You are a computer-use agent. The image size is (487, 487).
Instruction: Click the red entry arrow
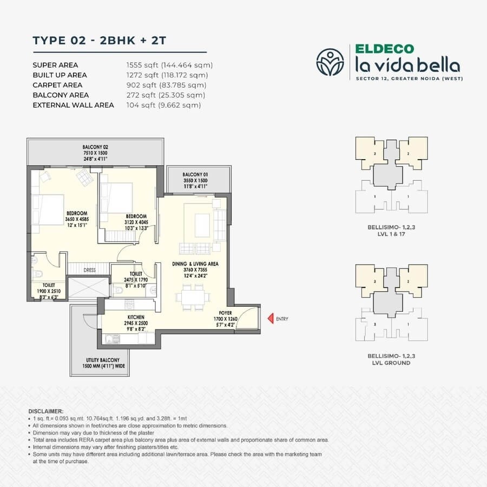click(x=271, y=319)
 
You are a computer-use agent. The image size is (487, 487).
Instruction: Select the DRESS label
click(x=90, y=270)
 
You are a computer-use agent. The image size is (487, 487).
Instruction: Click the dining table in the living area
click(x=192, y=297)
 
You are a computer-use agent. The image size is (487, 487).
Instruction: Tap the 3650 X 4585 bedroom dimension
click(x=78, y=219)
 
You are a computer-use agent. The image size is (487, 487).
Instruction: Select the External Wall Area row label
click(x=73, y=105)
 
